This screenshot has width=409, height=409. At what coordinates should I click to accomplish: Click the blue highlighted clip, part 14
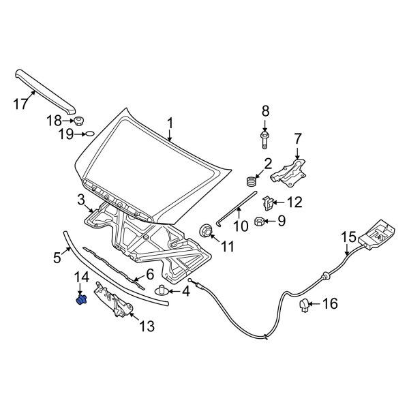point(81,299)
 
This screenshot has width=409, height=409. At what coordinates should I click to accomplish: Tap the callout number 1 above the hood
point(170,123)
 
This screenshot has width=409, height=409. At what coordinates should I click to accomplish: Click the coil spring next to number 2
point(250,181)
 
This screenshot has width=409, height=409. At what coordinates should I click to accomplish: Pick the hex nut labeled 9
point(259,220)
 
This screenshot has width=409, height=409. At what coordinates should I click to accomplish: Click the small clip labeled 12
point(269,202)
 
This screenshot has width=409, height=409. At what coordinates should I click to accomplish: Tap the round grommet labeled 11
point(204,230)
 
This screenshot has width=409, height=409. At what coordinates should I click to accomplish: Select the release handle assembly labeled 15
point(377,234)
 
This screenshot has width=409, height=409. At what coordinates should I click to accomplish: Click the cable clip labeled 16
point(305,308)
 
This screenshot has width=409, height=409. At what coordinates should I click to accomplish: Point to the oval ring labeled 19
point(89,135)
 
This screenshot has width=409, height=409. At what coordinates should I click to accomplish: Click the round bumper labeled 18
point(78,121)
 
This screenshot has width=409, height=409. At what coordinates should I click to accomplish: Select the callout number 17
point(21,104)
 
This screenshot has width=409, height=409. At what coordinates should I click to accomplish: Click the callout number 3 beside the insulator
point(80,200)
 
